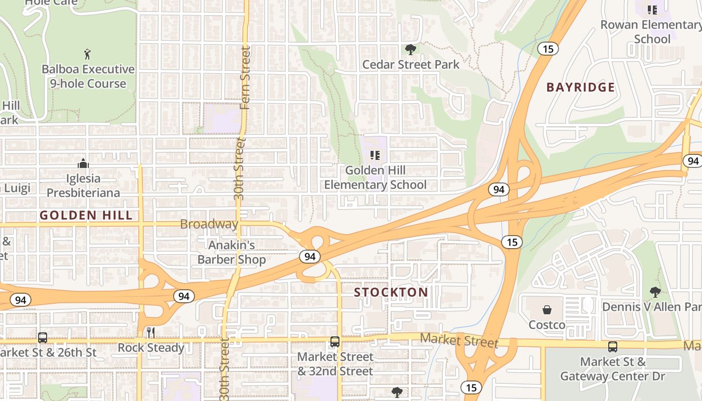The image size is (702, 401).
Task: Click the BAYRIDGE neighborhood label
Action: point(580,87)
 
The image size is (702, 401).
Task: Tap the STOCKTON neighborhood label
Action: point(391,292)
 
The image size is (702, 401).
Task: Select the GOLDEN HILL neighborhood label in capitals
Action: point(86,216)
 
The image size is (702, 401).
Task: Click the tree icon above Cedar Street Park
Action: point(411,49)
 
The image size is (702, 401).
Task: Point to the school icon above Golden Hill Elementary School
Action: point(375,155)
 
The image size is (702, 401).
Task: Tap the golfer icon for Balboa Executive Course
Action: point(88,54)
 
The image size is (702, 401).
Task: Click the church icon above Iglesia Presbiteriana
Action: point(83,163)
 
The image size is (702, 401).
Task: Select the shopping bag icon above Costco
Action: point(547,310)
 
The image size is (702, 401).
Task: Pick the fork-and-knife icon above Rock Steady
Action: point(150,332)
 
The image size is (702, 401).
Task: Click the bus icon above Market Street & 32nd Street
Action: point(335,342)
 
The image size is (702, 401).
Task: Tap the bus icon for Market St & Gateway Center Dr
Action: point(612,346)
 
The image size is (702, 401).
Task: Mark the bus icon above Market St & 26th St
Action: point(43,337)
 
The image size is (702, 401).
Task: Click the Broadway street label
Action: point(209,224)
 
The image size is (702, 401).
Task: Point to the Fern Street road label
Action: point(245,78)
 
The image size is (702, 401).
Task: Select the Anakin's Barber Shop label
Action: point(232,252)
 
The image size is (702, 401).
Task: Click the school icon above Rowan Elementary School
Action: point(652,10)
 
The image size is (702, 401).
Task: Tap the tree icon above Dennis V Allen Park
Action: point(655,292)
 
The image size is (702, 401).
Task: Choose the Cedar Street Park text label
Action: point(411,64)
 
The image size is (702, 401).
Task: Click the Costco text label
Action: point(547,325)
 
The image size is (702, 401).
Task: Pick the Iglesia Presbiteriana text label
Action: point(83,185)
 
